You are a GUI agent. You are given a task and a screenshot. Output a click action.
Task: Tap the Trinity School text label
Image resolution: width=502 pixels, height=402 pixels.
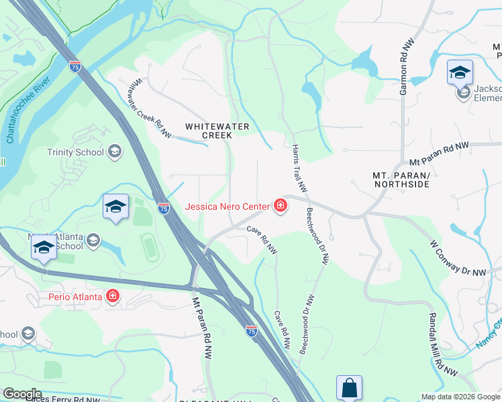pos(75,152)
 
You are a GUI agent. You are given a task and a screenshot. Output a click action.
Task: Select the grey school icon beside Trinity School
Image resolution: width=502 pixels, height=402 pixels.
pos(115,151)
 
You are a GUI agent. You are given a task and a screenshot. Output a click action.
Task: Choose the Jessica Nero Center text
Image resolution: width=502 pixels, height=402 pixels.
pos(227,207)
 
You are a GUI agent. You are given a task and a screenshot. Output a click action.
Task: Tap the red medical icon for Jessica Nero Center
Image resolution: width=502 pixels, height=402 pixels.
pos(280,206)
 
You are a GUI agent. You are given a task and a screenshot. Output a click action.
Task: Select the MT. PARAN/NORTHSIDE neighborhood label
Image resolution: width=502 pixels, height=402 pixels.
pos(400,180)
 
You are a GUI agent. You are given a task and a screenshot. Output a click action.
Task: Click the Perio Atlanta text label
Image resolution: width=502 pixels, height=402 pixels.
pos(74,296)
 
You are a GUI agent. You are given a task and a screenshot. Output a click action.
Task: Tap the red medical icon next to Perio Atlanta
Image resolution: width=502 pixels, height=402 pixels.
pos(112,296)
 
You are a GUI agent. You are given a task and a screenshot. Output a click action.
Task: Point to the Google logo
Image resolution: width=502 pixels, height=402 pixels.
pos(21,394)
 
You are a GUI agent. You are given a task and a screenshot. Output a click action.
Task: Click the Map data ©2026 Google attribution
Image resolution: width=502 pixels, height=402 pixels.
pos(460,397)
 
